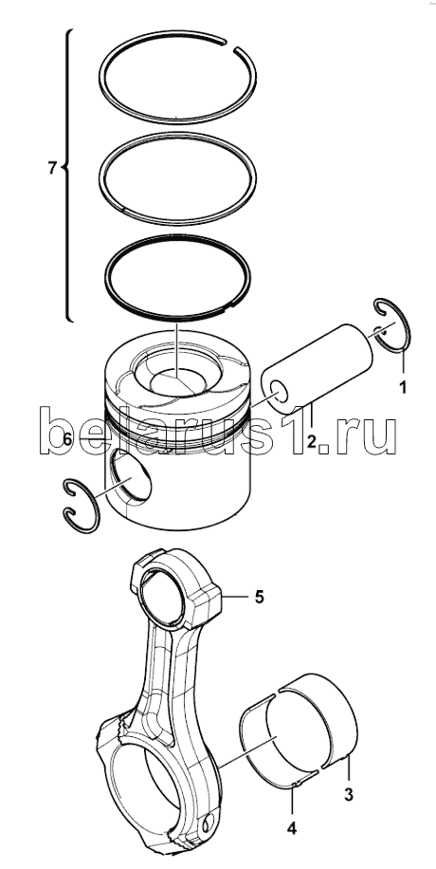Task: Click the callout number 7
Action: (52, 167)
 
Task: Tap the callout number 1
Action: (403, 387)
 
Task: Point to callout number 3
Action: (348, 794)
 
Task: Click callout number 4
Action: (291, 829)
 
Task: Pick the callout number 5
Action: (259, 597)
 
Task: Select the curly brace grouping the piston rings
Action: (68, 175)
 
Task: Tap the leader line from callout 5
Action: (235, 597)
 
